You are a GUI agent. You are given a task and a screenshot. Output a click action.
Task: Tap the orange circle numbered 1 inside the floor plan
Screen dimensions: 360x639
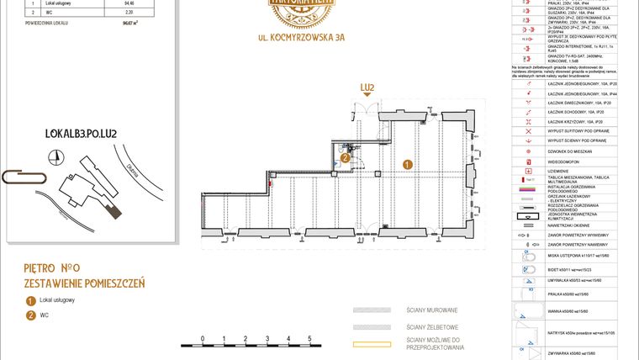point(408,165)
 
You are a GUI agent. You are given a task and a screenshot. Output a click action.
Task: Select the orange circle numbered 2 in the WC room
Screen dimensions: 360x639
point(345,157)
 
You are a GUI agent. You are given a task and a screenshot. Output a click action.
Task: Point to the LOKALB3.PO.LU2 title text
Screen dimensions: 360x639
point(80,134)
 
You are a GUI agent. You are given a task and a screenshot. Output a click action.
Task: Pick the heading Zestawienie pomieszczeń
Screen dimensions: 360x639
point(84,283)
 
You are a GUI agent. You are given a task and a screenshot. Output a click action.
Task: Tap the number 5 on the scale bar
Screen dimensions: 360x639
point(310,336)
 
